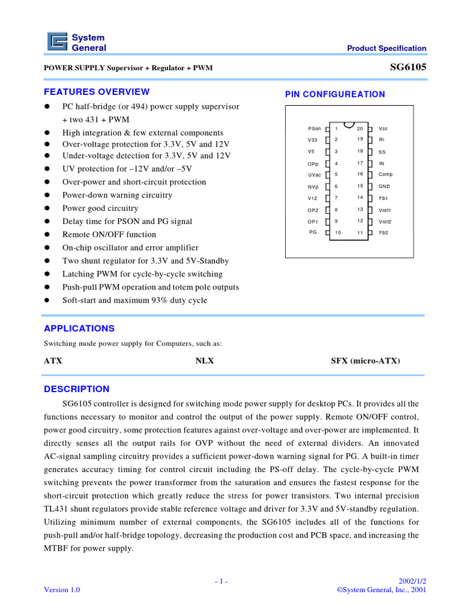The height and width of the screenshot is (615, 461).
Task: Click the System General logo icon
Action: click(x=58, y=43)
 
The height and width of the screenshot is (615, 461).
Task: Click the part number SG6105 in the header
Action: click(x=408, y=67)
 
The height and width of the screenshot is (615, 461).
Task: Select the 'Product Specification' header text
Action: click(x=387, y=49)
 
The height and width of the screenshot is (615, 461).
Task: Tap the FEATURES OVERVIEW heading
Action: click(x=97, y=92)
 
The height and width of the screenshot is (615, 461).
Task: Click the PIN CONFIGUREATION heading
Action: click(x=335, y=94)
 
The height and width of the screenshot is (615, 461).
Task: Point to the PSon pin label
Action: click(x=314, y=129)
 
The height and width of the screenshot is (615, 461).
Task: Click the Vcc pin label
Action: click(x=383, y=129)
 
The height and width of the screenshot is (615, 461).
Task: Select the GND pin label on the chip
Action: click(x=384, y=186)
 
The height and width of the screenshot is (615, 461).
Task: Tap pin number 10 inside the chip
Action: click(x=338, y=232)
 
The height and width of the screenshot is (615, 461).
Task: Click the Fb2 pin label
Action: click(x=384, y=232)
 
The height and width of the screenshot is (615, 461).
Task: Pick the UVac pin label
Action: click(x=315, y=175)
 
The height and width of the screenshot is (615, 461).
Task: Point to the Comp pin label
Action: click(x=385, y=174)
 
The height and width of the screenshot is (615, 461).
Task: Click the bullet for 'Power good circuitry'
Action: click(x=47, y=208)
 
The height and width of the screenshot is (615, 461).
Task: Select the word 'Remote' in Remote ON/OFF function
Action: click(x=76, y=235)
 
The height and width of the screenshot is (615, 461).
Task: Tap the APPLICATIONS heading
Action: click(x=79, y=329)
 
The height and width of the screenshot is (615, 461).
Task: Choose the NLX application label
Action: click(x=205, y=361)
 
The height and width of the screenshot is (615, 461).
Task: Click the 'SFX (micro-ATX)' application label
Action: click(x=366, y=361)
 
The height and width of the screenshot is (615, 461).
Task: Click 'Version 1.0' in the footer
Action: click(x=62, y=590)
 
